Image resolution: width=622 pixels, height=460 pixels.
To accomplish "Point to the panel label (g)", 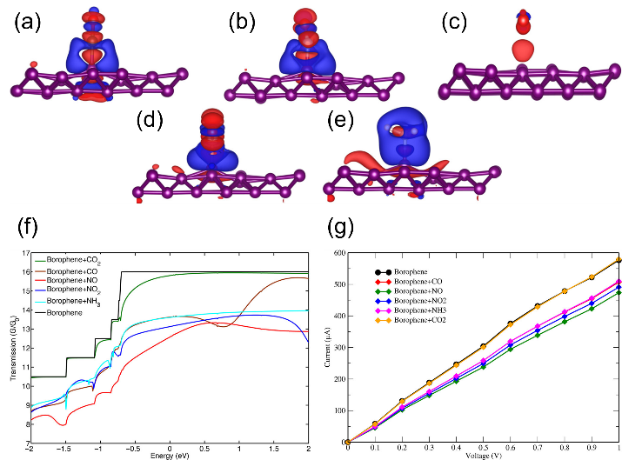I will [354, 229].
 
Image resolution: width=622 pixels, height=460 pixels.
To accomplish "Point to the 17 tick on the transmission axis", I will [25, 252].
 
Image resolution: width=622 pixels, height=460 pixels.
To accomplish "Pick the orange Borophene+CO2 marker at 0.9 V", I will [593, 277].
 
